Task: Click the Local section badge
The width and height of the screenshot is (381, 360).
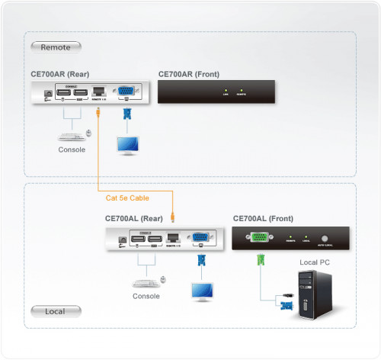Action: (56, 310)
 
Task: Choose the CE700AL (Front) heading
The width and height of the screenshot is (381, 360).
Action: (261, 218)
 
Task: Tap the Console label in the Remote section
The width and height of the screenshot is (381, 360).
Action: (72, 149)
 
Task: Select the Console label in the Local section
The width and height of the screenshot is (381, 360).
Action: (146, 296)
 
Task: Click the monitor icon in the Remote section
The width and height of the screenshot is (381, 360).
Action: (126, 145)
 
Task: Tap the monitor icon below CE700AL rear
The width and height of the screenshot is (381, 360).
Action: (202, 291)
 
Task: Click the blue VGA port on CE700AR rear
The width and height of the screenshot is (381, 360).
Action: (127, 94)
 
